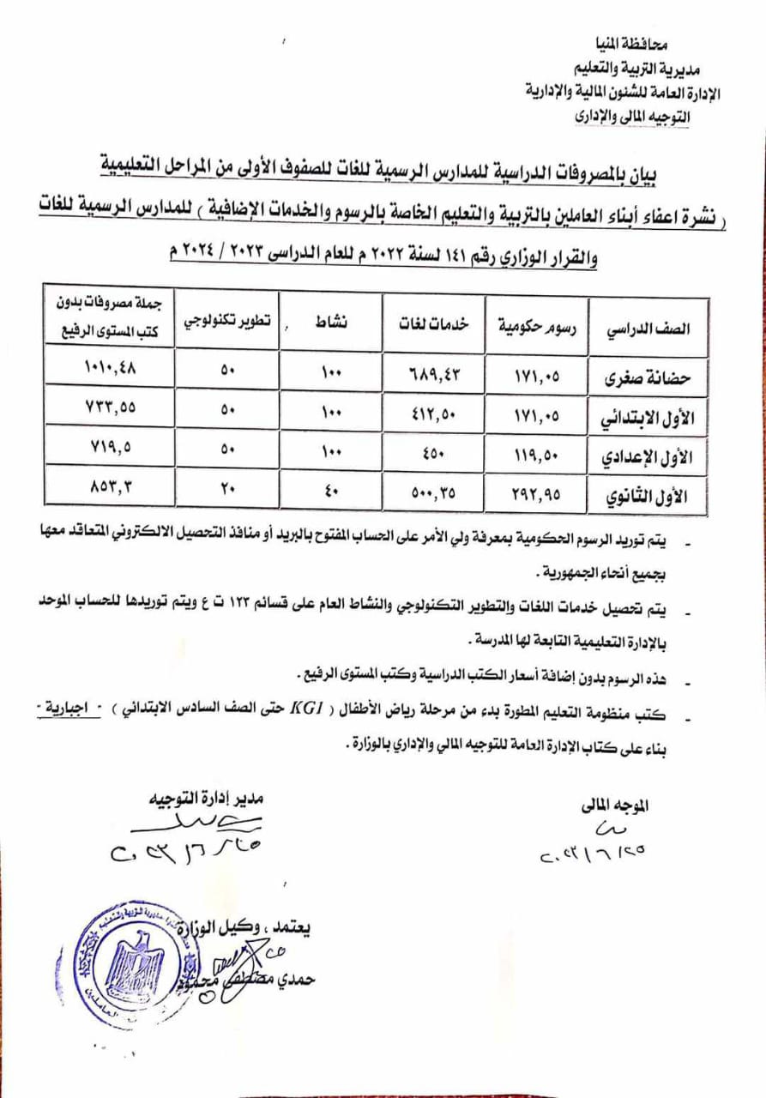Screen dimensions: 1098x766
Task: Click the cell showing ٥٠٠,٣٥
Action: [x=435, y=493]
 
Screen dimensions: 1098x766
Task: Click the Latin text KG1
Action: [x=308, y=709]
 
